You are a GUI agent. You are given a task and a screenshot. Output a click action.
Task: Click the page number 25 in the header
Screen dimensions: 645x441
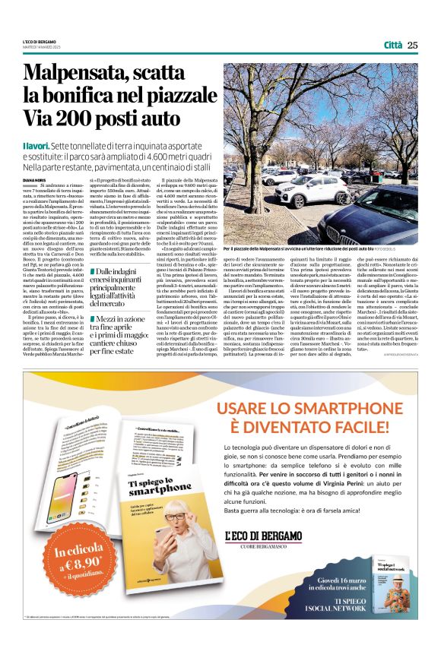[413, 45]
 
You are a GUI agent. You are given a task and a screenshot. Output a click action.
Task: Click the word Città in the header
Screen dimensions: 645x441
[392, 46]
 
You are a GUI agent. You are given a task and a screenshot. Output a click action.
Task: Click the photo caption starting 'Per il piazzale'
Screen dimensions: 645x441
[297, 248]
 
